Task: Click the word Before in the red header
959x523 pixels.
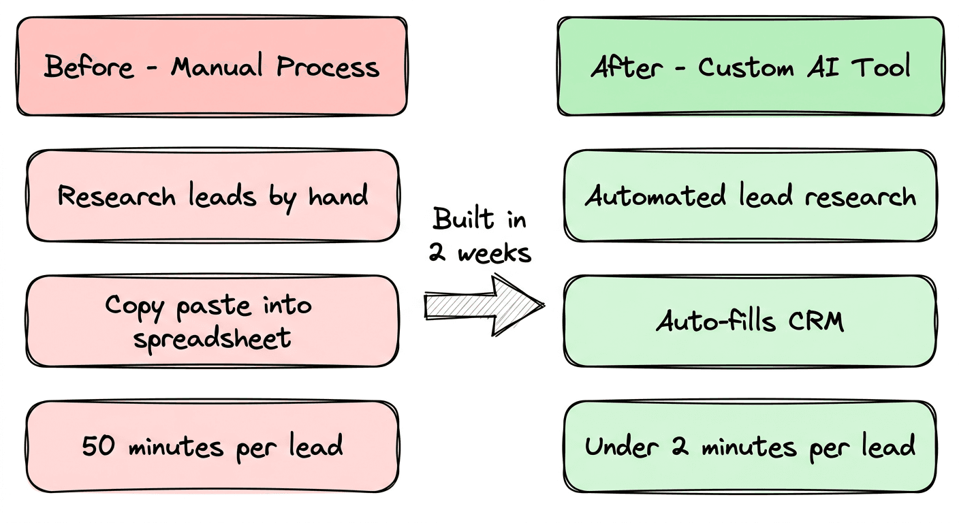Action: [x=89, y=67]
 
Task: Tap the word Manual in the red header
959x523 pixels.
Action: [x=217, y=67]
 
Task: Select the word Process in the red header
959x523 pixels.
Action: [x=328, y=67]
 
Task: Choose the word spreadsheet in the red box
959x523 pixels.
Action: [x=212, y=337]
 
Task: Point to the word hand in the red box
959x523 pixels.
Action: [x=339, y=197]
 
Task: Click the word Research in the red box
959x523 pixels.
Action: [x=116, y=197]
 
